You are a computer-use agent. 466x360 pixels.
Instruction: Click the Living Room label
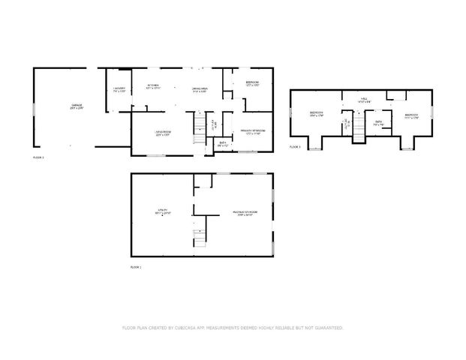[x=164, y=133]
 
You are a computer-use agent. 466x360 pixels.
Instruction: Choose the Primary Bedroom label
[x=251, y=132]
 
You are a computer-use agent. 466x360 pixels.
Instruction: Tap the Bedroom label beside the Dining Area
[x=252, y=83]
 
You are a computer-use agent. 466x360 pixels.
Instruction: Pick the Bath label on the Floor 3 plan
[x=379, y=123]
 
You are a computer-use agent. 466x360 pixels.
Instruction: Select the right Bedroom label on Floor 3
[x=410, y=115]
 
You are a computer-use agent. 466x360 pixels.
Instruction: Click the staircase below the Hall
[x=359, y=127]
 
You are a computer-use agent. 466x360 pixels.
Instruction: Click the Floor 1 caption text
[x=136, y=267]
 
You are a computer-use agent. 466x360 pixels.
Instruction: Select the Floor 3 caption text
[x=295, y=147]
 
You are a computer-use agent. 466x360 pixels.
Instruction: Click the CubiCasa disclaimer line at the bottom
[x=233, y=328]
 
